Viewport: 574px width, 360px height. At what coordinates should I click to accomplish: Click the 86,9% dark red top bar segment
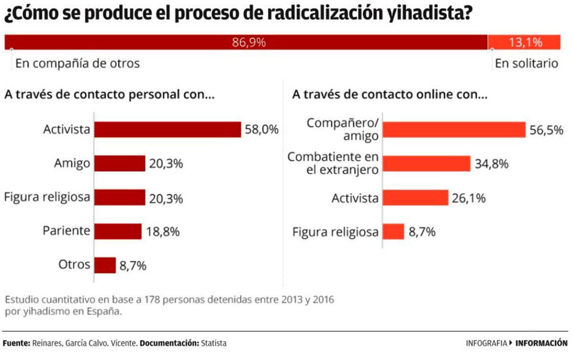246,42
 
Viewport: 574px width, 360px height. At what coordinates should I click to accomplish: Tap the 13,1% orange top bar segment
524,42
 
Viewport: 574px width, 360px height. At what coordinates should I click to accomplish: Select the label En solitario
526,63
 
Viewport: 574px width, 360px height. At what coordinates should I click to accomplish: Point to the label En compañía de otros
77,63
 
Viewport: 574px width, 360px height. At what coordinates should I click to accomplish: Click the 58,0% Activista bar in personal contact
167,129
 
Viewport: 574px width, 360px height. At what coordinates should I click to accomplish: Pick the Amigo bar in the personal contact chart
120,163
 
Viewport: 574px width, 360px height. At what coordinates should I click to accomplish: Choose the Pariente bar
118,231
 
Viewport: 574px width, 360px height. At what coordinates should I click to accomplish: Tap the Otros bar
105,265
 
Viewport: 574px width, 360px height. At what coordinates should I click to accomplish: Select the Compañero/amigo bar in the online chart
454,130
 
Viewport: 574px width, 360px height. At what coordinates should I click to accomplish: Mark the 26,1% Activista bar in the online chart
416,198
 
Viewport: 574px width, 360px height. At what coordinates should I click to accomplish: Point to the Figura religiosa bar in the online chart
394,232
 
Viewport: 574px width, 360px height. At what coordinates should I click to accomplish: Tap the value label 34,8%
491,164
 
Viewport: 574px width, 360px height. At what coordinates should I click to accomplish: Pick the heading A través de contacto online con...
389,95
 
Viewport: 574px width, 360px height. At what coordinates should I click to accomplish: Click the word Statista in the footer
213,343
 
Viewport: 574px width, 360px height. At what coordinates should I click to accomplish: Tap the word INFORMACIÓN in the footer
541,343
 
